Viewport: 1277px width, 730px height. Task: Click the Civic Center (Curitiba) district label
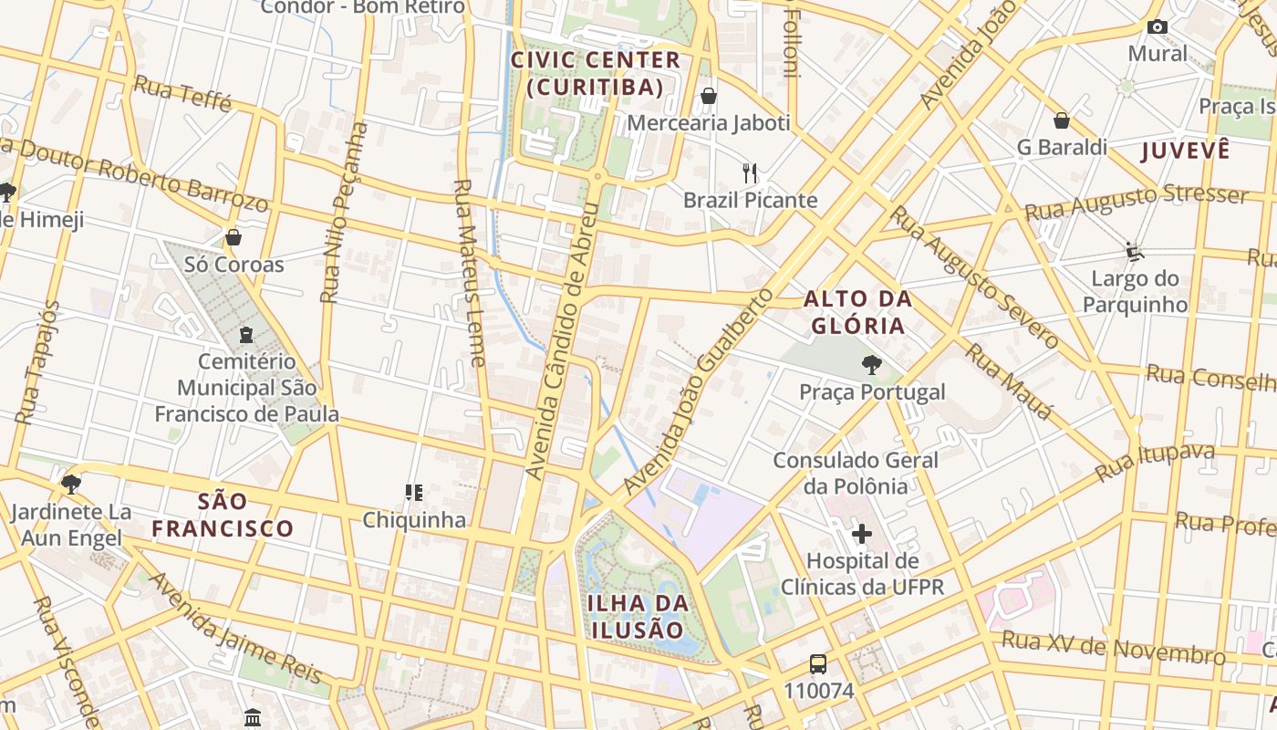(595, 74)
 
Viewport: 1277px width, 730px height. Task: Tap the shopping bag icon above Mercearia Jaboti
(708, 96)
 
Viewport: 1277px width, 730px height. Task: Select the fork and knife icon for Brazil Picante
(750, 172)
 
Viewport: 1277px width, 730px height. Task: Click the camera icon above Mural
(1158, 27)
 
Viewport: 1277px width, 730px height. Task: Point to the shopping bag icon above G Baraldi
(1062, 120)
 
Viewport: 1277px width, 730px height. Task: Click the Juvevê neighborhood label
(1185, 151)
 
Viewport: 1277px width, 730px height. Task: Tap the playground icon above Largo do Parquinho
(1134, 251)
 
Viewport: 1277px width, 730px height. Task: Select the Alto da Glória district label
(857, 312)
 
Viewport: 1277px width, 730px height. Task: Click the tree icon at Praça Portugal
(871, 366)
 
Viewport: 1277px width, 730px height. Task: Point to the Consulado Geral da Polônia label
(856, 473)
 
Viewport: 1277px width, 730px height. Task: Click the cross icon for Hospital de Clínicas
(861, 534)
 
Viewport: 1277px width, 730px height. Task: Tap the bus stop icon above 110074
(818, 664)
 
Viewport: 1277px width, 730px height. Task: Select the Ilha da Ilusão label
(638, 616)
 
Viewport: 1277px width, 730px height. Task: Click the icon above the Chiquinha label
(414, 494)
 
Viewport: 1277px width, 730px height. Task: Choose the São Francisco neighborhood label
(223, 515)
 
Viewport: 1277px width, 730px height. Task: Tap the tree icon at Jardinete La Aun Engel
(71, 485)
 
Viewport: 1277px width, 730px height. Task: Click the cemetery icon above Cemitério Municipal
(245, 335)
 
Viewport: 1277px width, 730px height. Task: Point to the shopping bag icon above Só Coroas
(234, 238)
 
